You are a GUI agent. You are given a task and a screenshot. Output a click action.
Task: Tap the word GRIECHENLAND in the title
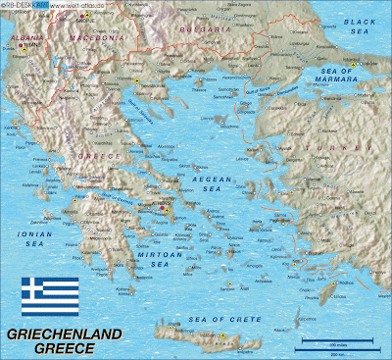65,334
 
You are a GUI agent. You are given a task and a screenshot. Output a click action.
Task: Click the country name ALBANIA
26,36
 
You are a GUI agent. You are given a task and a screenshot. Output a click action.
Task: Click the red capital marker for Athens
163,208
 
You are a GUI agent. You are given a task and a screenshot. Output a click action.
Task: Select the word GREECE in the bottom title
65,348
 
